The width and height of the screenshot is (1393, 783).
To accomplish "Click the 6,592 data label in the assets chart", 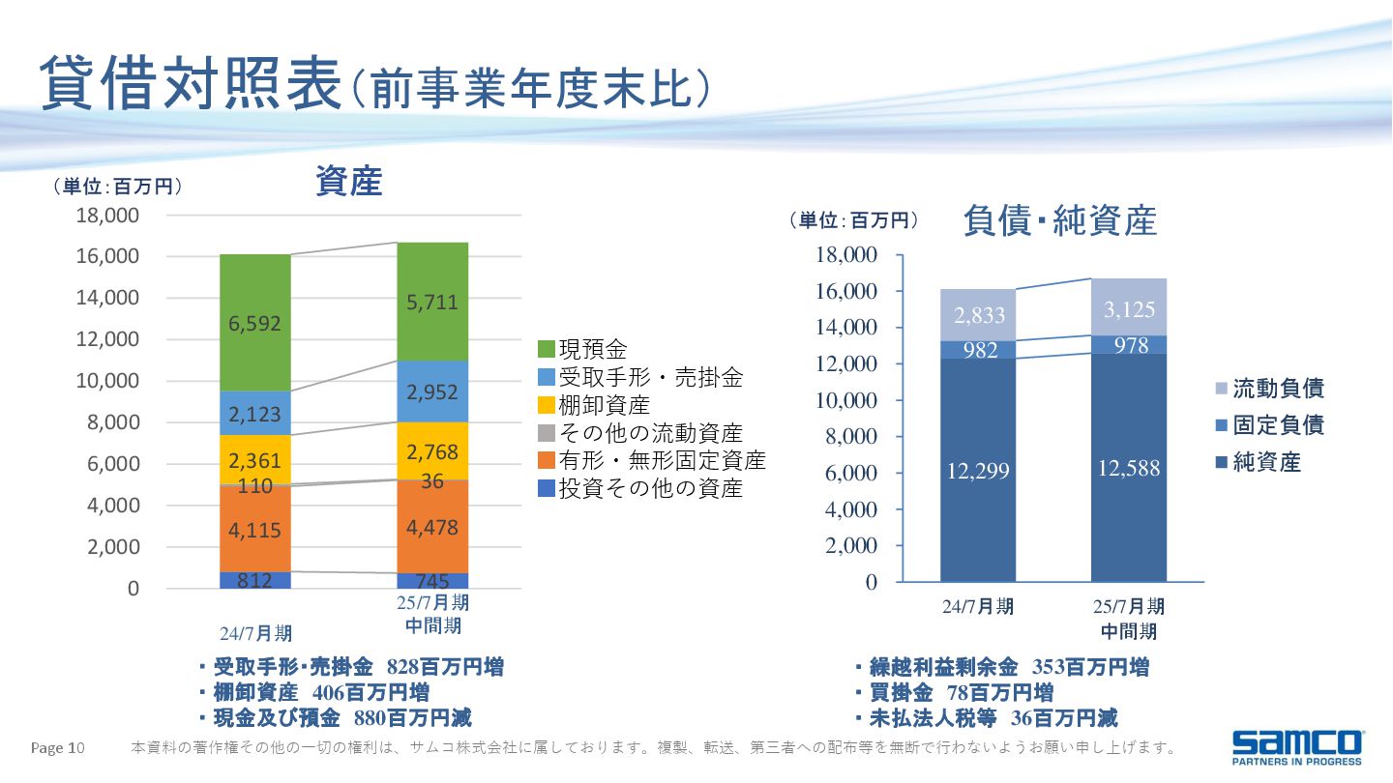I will coord(255,324).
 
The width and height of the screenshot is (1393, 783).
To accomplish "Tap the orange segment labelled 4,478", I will coord(432,528).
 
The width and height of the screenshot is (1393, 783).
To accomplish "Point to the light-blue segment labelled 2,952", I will coord(432,392).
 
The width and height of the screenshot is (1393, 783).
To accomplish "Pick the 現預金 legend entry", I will coord(582,348).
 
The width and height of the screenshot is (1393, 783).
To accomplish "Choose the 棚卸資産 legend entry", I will coord(594,405).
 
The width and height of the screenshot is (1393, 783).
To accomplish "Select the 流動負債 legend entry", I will coord(1267,389).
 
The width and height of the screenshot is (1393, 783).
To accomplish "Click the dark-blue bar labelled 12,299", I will coord(978,471).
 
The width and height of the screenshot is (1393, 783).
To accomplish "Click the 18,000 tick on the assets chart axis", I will coord(107,215).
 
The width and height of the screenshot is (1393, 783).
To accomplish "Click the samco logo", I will coord(1296,746).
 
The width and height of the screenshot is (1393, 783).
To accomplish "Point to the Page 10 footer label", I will coord(59,747).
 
